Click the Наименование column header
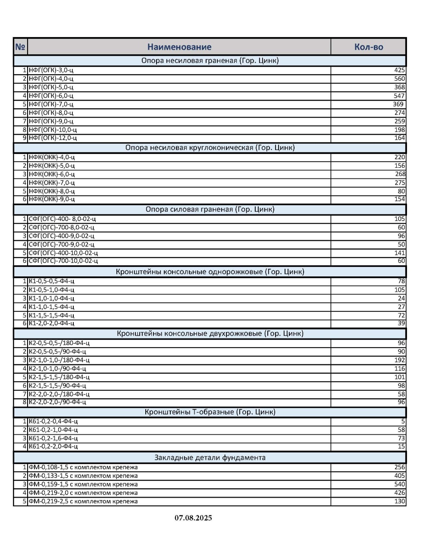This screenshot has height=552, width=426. coord(179,47)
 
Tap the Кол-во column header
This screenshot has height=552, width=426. coord(368,47)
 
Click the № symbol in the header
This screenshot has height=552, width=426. coord(20,47)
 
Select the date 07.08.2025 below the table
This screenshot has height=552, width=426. coord(193,518)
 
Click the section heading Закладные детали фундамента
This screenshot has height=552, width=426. coord(210,458)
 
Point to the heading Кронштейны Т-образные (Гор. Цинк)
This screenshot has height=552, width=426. coord(210,412)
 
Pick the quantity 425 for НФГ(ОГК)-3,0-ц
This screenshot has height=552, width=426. coord(399,70)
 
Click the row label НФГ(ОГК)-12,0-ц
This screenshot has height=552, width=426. coord(53,138)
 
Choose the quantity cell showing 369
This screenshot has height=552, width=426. coord(398,104)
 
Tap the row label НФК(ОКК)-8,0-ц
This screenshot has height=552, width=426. coord(52,191)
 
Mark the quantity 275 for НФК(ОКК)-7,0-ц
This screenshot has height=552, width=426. coord(400,182)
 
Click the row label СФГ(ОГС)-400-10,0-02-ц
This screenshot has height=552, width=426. coord(63,253)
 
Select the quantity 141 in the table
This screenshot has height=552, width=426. coord(400,253)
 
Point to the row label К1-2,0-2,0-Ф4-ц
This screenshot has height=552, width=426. coord(51,323)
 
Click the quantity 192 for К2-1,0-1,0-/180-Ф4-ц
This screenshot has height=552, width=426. coord(400,360)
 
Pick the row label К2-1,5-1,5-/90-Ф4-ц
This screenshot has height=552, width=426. coord(57,386)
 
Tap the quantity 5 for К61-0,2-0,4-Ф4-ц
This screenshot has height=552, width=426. coord(403,421)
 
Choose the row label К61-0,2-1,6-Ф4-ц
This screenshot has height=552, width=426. coord(53,438)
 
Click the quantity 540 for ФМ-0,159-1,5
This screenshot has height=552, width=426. coord(400,484)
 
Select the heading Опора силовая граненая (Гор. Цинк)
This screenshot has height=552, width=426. coord(210,210)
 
